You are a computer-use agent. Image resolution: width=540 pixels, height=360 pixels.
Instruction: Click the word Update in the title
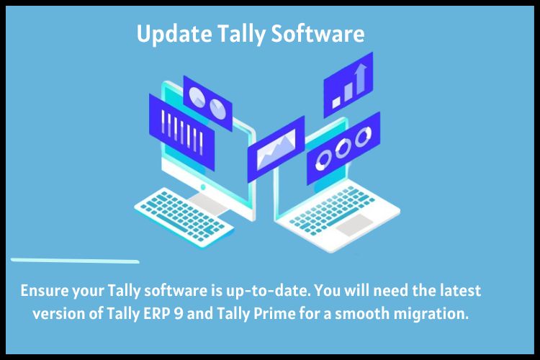click(174, 34)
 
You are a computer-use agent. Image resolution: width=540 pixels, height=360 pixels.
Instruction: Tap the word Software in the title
click(318, 33)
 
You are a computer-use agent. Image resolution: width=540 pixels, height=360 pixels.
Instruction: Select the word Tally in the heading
click(242, 35)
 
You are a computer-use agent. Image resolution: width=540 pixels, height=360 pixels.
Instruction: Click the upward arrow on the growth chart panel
click(361, 78)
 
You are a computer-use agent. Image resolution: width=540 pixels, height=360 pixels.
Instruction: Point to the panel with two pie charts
click(207, 103)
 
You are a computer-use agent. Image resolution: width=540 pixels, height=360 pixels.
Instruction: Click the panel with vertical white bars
click(182, 132)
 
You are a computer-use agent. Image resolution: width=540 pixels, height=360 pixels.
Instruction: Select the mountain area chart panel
click(276, 149)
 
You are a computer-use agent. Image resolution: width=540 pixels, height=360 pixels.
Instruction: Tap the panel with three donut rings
click(343, 148)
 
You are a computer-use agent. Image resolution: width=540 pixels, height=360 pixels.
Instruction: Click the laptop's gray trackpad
click(354, 224)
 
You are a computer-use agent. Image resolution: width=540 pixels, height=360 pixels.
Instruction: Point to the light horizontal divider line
click(75, 261)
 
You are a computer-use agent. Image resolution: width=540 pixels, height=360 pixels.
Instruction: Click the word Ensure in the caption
click(45, 290)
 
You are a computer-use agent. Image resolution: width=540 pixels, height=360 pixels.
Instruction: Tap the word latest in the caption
click(461, 290)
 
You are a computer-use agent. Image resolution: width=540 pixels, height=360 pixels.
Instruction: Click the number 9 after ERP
click(179, 313)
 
